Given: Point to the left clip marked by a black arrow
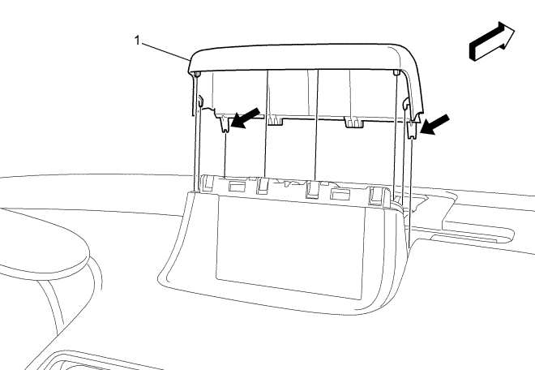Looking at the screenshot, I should click(223, 122).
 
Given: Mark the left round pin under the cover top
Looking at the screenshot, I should click(197, 75).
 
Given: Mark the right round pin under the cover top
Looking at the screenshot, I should click(395, 73).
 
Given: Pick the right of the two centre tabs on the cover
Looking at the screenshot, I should click(354, 123).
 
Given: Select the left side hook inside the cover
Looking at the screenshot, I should click(199, 101).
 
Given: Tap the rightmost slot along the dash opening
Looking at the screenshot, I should click(376, 195).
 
